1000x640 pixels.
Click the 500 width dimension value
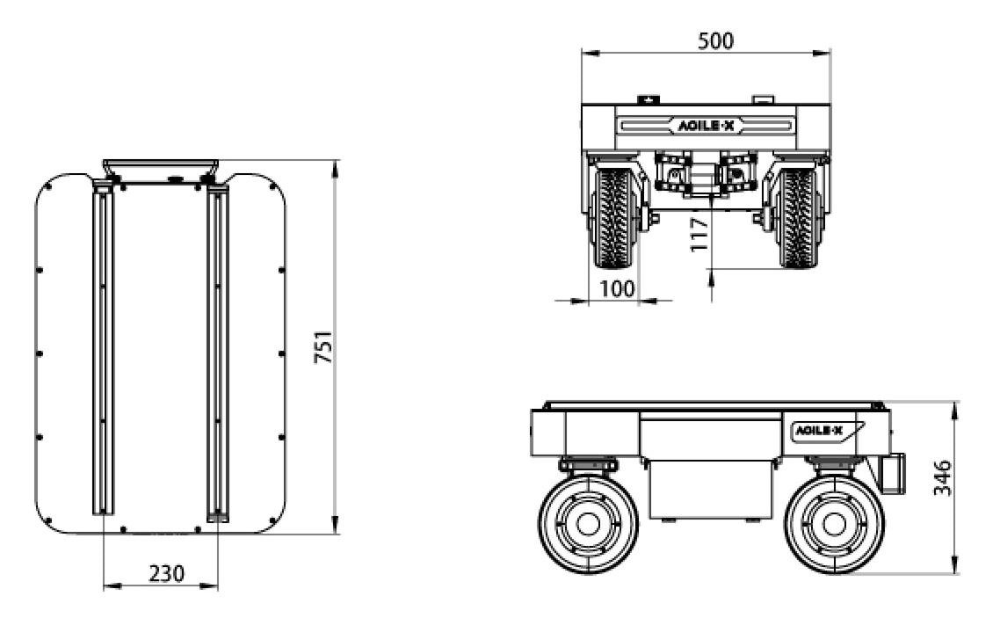(x=715, y=40)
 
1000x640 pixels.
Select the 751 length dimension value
(x=324, y=347)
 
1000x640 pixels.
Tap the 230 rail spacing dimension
(x=166, y=573)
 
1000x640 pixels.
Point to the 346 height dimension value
(x=942, y=477)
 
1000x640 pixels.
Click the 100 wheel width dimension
(x=618, y=288)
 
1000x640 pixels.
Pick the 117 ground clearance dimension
(x=699, y=234)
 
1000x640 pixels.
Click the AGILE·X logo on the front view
(x=706, y=126)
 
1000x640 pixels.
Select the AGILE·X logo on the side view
(x=818, y=431)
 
